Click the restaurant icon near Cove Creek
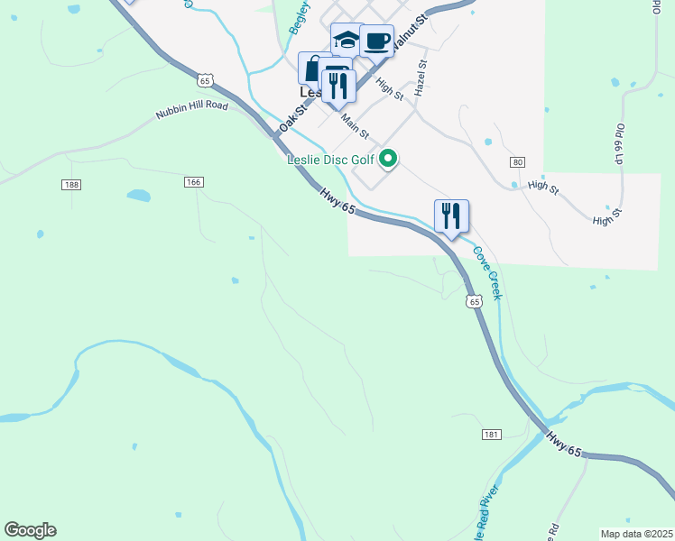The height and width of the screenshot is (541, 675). click(451, 215)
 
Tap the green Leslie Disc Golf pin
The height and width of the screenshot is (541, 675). click(389, 159)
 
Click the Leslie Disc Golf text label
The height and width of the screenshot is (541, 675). click(330, 160)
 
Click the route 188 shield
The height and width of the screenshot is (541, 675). click(72, 185)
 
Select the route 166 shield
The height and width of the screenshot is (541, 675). click(192, 182)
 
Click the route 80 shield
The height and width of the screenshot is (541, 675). click(516, 162)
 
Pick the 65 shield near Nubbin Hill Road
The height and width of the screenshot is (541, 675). click(207, 81)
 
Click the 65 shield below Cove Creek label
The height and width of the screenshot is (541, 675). click(474, 302)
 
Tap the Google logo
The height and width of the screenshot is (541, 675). click(30, 530)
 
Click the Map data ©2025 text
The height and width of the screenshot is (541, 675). click(636, 533)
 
